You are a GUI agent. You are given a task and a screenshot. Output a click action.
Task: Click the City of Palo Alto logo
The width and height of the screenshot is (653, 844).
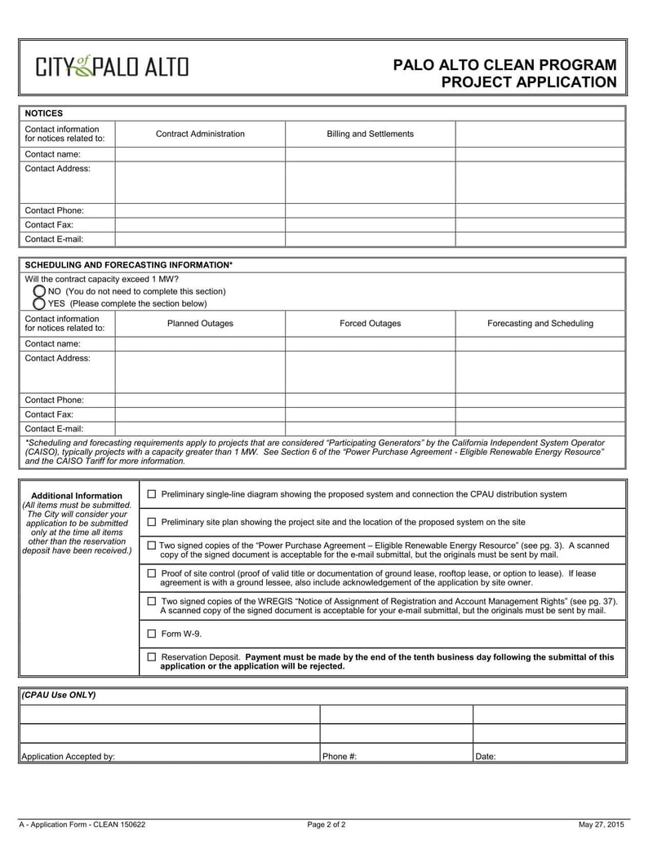(x=111, y=67)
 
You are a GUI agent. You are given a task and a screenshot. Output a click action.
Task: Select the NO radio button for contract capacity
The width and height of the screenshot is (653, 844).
(x=39, y=291)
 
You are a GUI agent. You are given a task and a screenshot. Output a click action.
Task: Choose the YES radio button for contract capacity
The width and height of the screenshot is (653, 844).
(x=39, y=303)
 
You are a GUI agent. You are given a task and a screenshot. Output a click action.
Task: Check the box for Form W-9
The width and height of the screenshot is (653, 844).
(x=151, y=634)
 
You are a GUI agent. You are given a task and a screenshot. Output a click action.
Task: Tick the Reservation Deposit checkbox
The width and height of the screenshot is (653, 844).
(x=151, y=656)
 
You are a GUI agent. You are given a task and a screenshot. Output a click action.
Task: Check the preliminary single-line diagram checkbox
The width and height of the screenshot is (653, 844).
(x=151, y=494)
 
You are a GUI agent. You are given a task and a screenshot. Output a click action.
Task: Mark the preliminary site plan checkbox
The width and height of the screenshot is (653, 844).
(x=151, y=522)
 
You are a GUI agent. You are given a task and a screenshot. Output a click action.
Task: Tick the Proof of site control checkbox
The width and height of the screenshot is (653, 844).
(x=151, y=573)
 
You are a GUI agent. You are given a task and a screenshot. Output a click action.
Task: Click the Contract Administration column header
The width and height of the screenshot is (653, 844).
(x=200, y=134)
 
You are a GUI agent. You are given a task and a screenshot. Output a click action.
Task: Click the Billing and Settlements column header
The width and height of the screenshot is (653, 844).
(x=370, y=134)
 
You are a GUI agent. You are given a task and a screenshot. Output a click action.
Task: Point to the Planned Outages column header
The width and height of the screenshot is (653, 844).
(x=200, y=324)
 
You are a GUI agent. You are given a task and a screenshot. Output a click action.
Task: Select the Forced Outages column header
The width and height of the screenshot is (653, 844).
(x=370, y=324)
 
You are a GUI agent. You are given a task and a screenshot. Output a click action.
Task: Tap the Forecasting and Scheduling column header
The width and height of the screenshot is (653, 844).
(x=540, y=324)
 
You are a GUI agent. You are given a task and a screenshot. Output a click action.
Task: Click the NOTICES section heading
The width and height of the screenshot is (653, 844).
(x=44, y=113)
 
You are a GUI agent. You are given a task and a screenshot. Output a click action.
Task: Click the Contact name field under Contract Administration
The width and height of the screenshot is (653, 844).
(x=200, y=154)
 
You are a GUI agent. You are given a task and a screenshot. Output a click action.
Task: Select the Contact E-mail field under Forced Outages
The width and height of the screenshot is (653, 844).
(x=370, y=428)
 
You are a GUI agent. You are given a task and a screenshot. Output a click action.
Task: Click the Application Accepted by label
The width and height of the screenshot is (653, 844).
(x=68, y=756)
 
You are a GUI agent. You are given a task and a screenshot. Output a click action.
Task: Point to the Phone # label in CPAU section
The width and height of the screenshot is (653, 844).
(x=340, y=756)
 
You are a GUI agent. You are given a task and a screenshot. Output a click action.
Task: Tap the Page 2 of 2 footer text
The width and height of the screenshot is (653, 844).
(x=326, y=824)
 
